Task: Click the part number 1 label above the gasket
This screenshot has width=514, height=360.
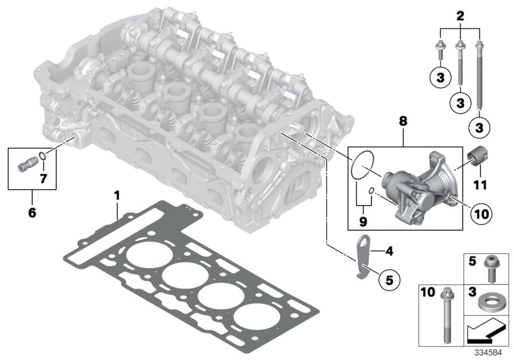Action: (x=117, y=194)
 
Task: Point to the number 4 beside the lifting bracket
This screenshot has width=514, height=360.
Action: (x=391, y=249)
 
